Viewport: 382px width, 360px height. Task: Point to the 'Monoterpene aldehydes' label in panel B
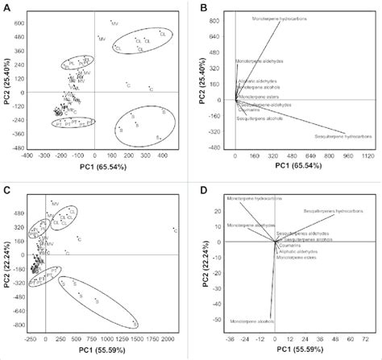pyautogui.click(x=259, y=61)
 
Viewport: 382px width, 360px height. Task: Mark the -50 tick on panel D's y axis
pyautogui.click(x=218, y=319)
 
